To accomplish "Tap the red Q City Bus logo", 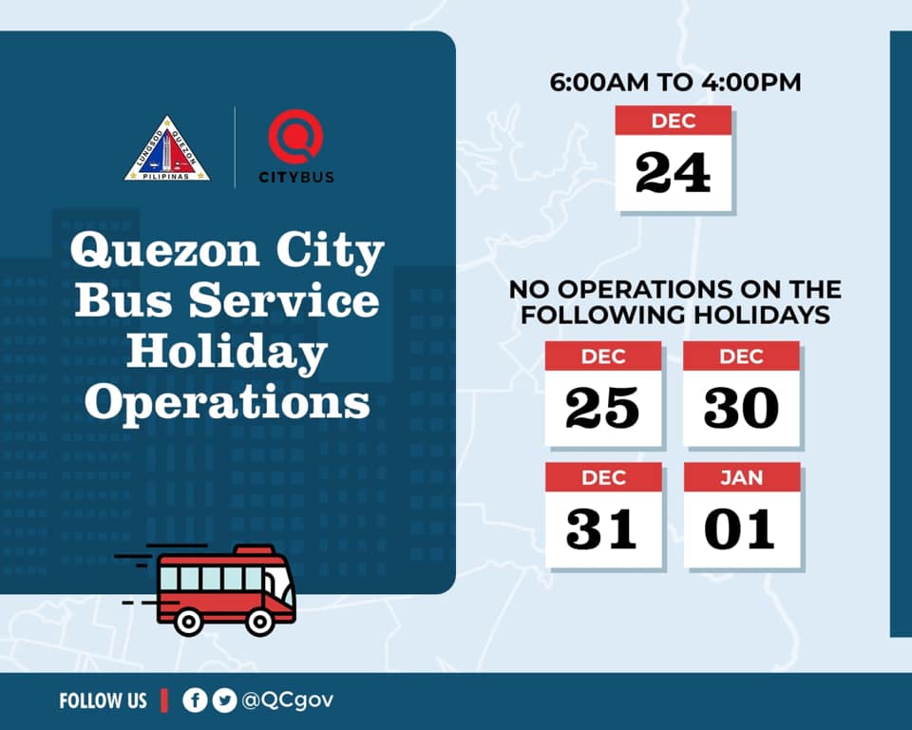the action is [x=295, y=137].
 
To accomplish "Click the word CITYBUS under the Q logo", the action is [x=296, y=177].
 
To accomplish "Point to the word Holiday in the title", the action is [x=227, y=353].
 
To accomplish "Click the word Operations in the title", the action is [x=227, y=403].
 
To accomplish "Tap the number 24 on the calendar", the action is [x=673, y=172].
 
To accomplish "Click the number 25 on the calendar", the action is [x=602, y=408].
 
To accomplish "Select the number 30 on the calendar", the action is [x=741, y=408].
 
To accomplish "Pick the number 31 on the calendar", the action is [x=601, y=528].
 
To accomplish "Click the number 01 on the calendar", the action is [x=740, y=528].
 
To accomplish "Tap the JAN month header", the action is [x=742, y=477].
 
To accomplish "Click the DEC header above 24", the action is [x=674, y=121].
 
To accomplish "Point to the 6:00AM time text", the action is [x=599, y=82].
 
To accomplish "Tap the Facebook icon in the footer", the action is [x=195, y=701].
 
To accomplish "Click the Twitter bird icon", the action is [x=224, y=701].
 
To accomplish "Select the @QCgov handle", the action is [x=287, y=701].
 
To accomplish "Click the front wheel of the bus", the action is [x=259, y=623].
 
